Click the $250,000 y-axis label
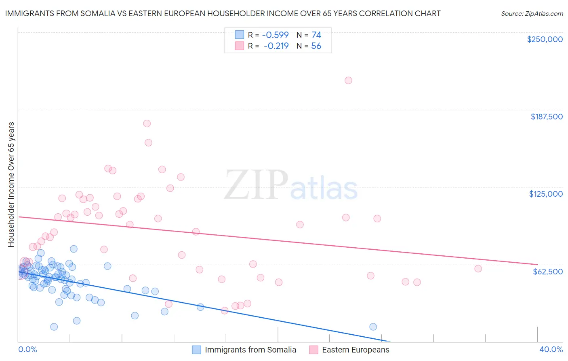(x=545, y=39)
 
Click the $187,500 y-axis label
(x=546, y=117)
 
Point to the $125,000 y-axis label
(x=546, y=194)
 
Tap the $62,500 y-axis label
(x=547, y=271)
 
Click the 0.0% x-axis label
(x=27, y=349)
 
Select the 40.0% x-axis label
(x=551, y=349)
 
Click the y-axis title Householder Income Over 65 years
(x=11, y=184)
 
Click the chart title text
(x=223, y=13)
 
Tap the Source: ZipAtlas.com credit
(x=532, y=13)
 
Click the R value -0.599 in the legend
(x=275, y=35)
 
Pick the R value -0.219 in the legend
(x=276, y=46)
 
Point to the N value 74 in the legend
(x=316, y=35)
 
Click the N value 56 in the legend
(x=316, y=46)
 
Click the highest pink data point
(x=348, y=81)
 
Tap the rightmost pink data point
(x=478, y=268)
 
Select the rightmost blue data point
(x=373, y=327)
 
